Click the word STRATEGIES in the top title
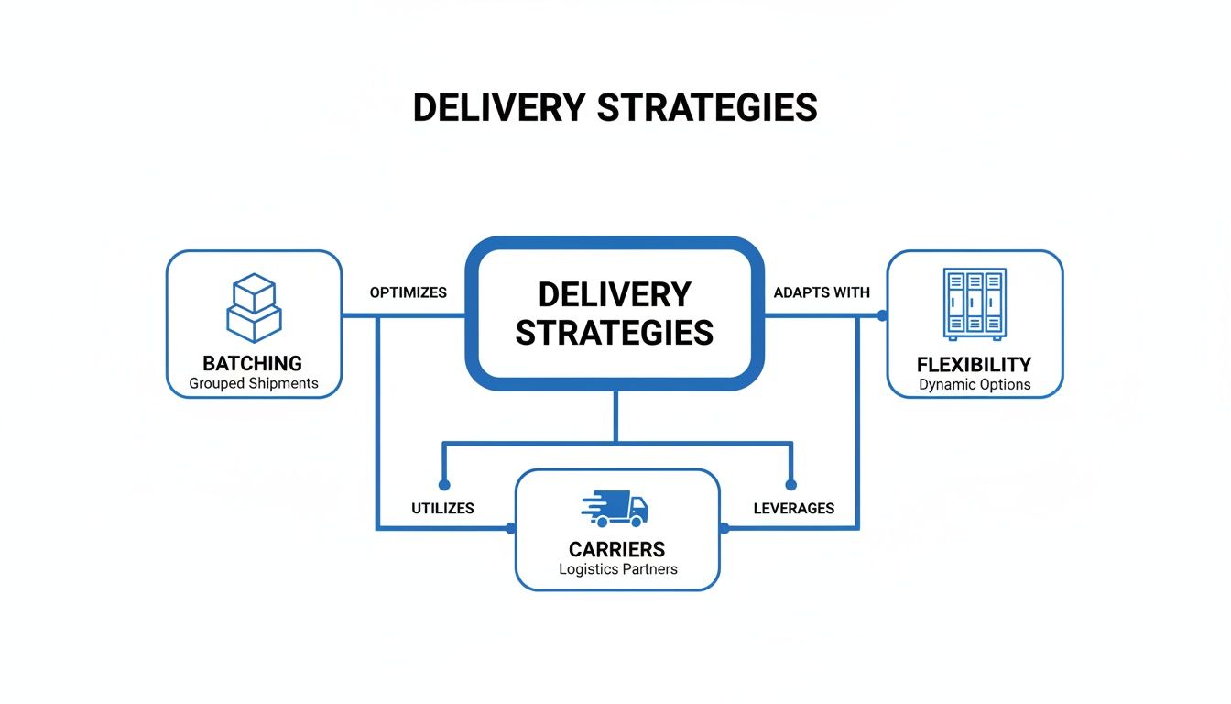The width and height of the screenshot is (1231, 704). point(707,108)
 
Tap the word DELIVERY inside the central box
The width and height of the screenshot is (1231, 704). point(615,295)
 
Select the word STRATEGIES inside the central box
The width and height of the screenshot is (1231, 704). point(615,333)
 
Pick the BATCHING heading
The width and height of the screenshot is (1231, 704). point(253,364)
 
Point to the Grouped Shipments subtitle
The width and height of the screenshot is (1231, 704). point(253,383)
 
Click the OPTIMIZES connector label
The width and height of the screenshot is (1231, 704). point(408,293)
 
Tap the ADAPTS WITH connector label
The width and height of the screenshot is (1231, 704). point(822,293)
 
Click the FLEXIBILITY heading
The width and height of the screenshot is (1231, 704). point(975,365)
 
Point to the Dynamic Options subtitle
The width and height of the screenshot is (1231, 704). point(975,385)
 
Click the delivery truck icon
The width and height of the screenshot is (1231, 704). point(615,508)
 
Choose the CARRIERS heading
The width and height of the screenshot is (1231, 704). point(617,550)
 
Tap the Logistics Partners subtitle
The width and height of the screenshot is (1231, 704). point(617,569)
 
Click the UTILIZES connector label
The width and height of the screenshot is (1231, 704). point(442,509)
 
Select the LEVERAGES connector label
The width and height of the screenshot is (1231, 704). point(793,509)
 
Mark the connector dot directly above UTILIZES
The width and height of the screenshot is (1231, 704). point(444,484)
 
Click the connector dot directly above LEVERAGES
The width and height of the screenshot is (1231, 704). point(791,484)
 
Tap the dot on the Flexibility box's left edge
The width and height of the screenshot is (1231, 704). point(882,315)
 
